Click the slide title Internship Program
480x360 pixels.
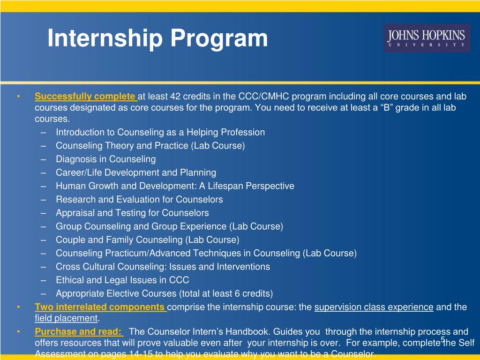coord(157,38)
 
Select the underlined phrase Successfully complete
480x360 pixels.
coord(85,97)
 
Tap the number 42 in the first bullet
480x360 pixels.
coord(175,97)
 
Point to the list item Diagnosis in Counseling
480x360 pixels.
coord(105,159)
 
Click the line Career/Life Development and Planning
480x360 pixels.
coord(136,172)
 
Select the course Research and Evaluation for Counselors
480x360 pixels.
coord(139,199)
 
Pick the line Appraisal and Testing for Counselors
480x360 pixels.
coord(132,213)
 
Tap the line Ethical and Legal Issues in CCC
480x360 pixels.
coord(122,280)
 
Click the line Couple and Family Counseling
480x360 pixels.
coord(147,240)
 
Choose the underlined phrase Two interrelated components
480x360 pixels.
coord(100,307)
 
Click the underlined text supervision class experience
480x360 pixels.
coord(374,307)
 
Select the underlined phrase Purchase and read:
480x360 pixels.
coord(79,331)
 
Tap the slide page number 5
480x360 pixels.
coord(442,339)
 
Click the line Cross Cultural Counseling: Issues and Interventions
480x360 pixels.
coord(163,266)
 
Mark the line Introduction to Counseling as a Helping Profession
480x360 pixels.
coord(160,132)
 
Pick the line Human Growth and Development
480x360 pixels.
coord(175,186)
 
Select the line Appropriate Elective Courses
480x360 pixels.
coord(164,293)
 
